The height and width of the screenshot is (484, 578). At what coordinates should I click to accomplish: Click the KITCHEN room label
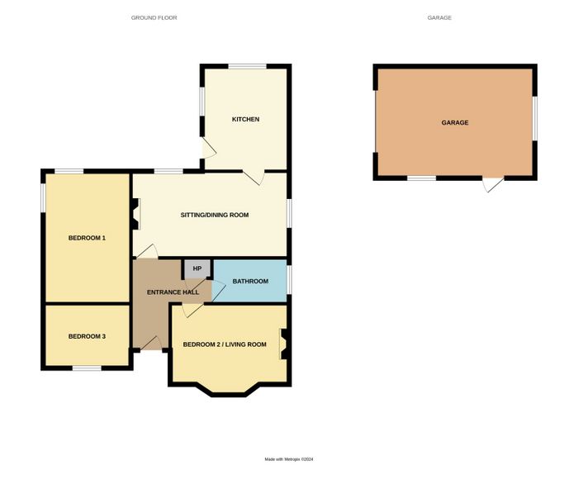tap(245, 119)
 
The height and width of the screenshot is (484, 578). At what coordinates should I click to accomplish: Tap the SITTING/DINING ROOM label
tap(215, 215)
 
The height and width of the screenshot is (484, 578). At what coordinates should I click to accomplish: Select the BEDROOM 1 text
tap(87, 238)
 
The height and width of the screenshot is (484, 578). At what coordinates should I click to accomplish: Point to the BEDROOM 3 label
tap(87, 336)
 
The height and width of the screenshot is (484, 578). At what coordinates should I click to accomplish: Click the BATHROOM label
tap(250, 282)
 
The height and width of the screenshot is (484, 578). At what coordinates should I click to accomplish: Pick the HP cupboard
tap(197, 268)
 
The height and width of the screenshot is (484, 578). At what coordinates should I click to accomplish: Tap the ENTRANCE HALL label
tap(173, 292)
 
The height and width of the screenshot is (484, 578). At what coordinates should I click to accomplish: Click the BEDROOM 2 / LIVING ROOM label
tap(225, 344)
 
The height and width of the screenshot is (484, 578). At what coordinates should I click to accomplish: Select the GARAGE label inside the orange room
tap(455, 123)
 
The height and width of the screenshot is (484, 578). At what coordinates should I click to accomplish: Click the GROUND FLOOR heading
tap(154, 17)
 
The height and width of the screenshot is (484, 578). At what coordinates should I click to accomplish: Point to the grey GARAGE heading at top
tap(439, 17)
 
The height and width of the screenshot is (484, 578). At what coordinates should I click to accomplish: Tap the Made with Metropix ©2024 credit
tap(289, 459)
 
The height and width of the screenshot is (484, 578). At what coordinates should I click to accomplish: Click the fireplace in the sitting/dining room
tap(135, 214)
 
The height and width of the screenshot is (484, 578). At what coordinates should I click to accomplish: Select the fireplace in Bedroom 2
tap(284, 344)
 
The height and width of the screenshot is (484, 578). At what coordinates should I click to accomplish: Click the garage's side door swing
tap(493, 185)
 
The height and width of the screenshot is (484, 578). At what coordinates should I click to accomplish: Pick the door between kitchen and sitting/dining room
tap(253, 178)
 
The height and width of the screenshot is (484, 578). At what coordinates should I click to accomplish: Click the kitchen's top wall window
tap(248, 66)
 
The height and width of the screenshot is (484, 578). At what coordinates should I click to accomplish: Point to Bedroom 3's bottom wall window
tap(87, 368)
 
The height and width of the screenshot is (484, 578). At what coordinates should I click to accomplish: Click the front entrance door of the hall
tap(151, 343)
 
